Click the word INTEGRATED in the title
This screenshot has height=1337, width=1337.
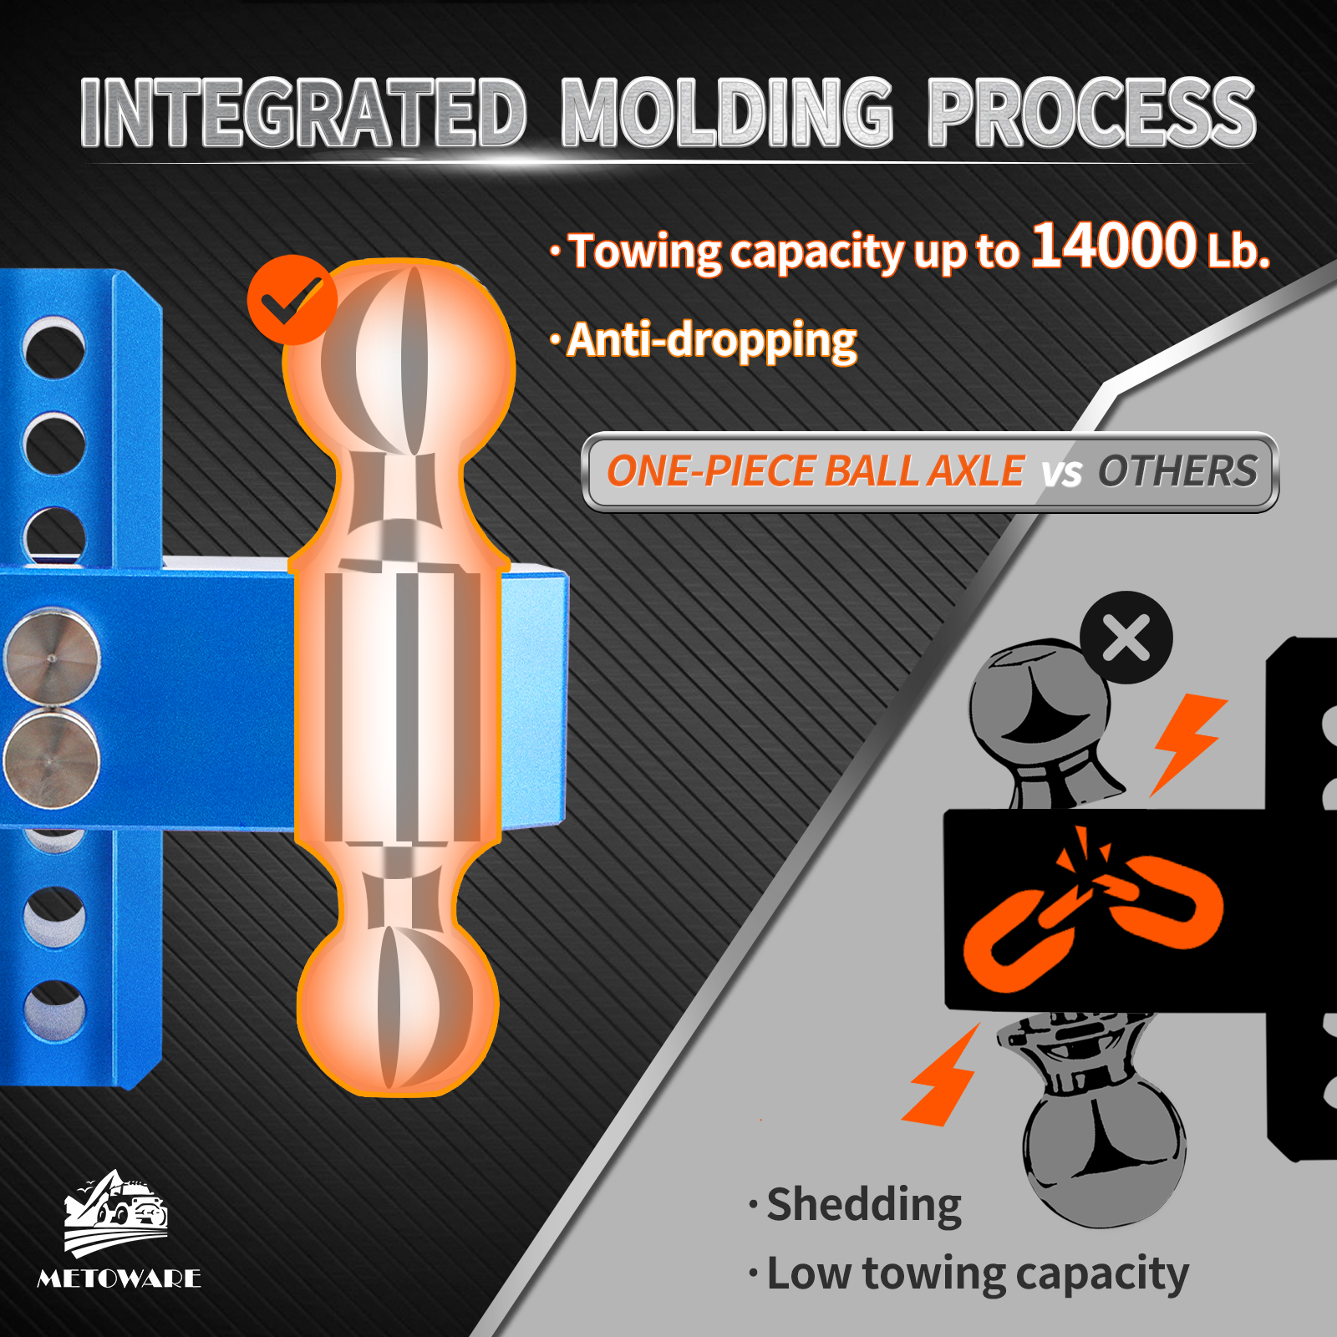pos(303,114)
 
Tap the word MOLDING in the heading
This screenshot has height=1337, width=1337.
pos(727,114)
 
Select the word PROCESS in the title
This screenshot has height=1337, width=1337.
pos(1091,114)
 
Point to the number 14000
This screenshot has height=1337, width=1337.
pos(1114,247)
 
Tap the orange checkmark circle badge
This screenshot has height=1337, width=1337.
pos(292,299)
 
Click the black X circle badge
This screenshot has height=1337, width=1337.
pos(1126,638)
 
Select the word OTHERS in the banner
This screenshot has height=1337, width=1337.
pos(1177,471)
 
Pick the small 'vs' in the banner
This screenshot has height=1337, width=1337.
pos(1061,474)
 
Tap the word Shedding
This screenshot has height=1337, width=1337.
pos(864,1205)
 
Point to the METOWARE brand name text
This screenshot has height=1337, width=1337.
pos(119,1279)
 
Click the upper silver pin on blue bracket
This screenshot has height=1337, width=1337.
pos(52,657)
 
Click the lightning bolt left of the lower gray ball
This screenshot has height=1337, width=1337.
pos(943,1077)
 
